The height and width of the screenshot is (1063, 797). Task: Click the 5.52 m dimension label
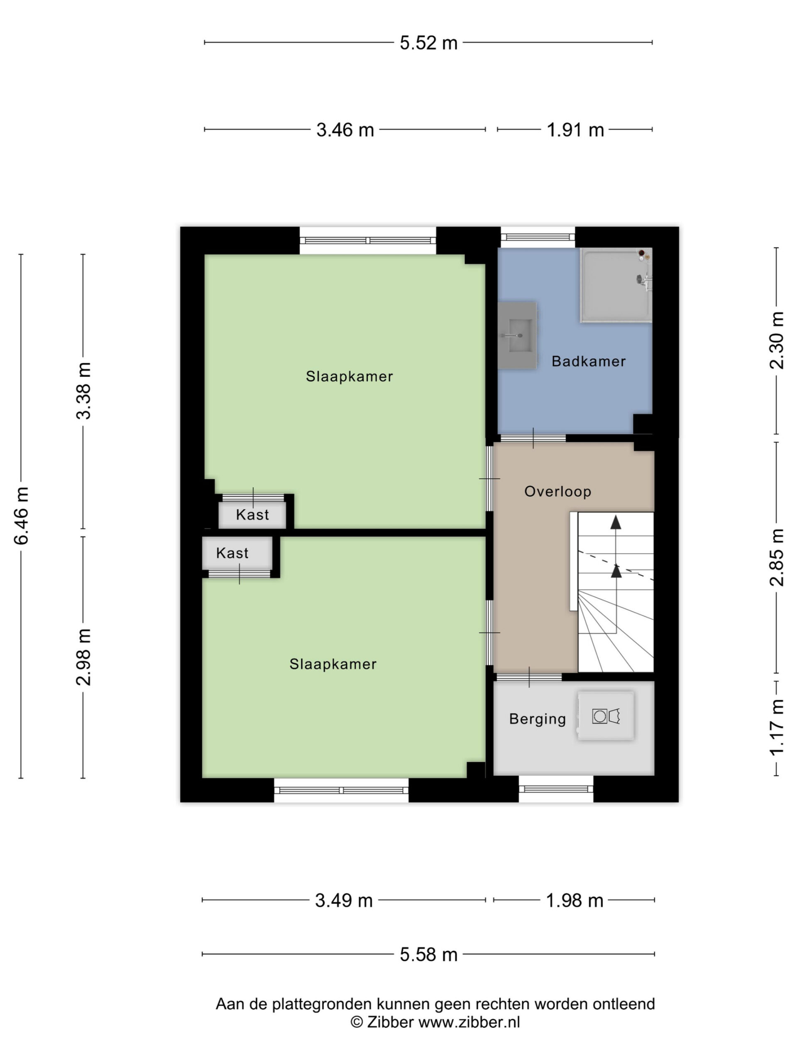[x=428, y=43]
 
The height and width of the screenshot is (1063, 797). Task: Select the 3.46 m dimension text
[x=345, y=130]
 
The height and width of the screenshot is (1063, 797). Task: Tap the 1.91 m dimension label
[x=575, y=130]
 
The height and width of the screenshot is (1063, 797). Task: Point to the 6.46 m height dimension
[x=21, y=516]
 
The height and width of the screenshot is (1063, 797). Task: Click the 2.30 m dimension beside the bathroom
[x=776, y=340]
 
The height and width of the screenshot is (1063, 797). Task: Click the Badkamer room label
[x=588, y=361]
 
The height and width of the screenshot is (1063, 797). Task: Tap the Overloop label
[x=557, y=492]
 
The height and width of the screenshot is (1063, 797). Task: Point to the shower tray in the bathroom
[x=616, y=285]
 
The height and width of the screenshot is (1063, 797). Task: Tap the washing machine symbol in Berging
[x=605, y=715]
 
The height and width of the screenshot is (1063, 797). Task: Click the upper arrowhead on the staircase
[x=616, y=522]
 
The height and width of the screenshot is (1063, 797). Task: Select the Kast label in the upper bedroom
[x=252, y=514]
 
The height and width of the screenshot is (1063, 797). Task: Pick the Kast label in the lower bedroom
[x=232, y=553]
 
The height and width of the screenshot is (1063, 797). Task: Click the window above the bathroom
[x=538, y=237]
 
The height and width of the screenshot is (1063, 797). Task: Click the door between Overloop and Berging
[x=529, y=677]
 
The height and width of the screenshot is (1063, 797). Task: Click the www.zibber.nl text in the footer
[x=469, y=1022]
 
